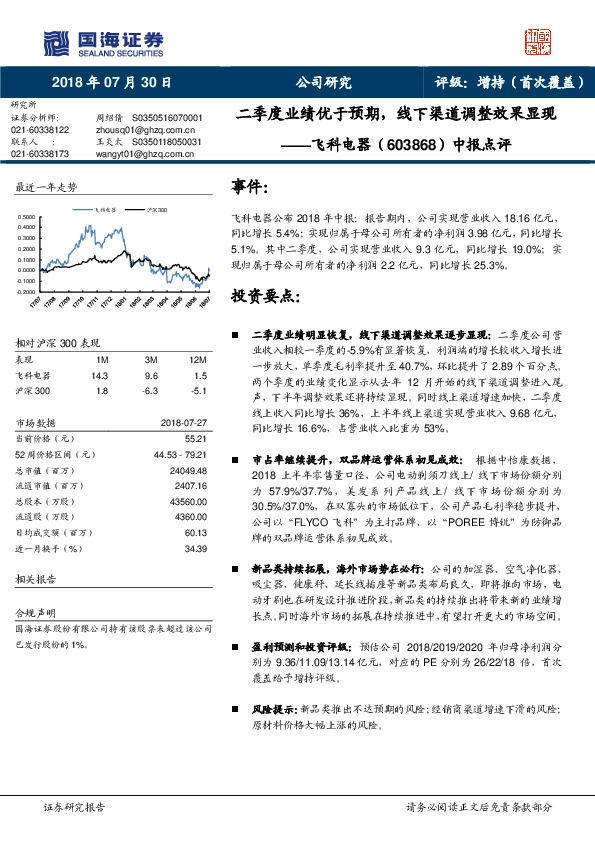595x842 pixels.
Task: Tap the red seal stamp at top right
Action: [x=539, y=41]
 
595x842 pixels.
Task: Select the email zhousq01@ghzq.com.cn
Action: [x=137, y=130]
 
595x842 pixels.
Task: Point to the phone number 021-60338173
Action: [x=39, y=153]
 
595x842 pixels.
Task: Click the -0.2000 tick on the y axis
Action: [x=31, y=290]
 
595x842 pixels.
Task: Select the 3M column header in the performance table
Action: [x=152, y=360]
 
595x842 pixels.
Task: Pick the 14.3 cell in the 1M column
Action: [x=100, y=375]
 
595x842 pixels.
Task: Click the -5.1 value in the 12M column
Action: [x=198, y=390]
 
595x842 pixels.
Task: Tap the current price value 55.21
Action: [x=196, y=439]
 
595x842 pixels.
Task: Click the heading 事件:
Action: [x=250, y=187]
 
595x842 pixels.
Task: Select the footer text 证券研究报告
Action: [x=75, y=805]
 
